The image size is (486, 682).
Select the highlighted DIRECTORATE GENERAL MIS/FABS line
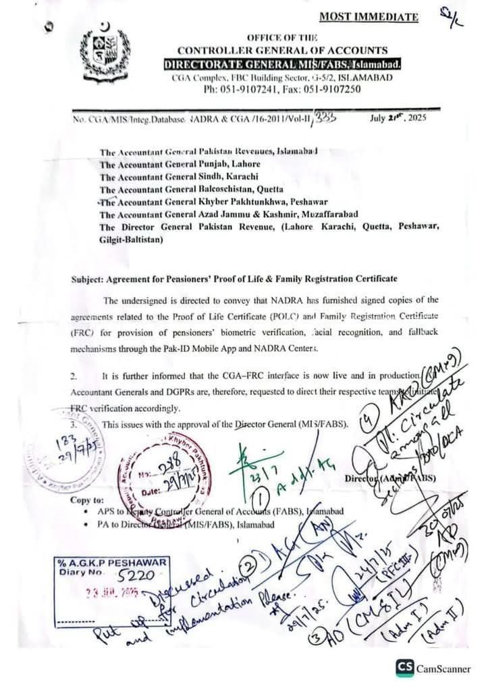(283, 64)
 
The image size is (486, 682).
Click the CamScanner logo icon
(404, 667)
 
